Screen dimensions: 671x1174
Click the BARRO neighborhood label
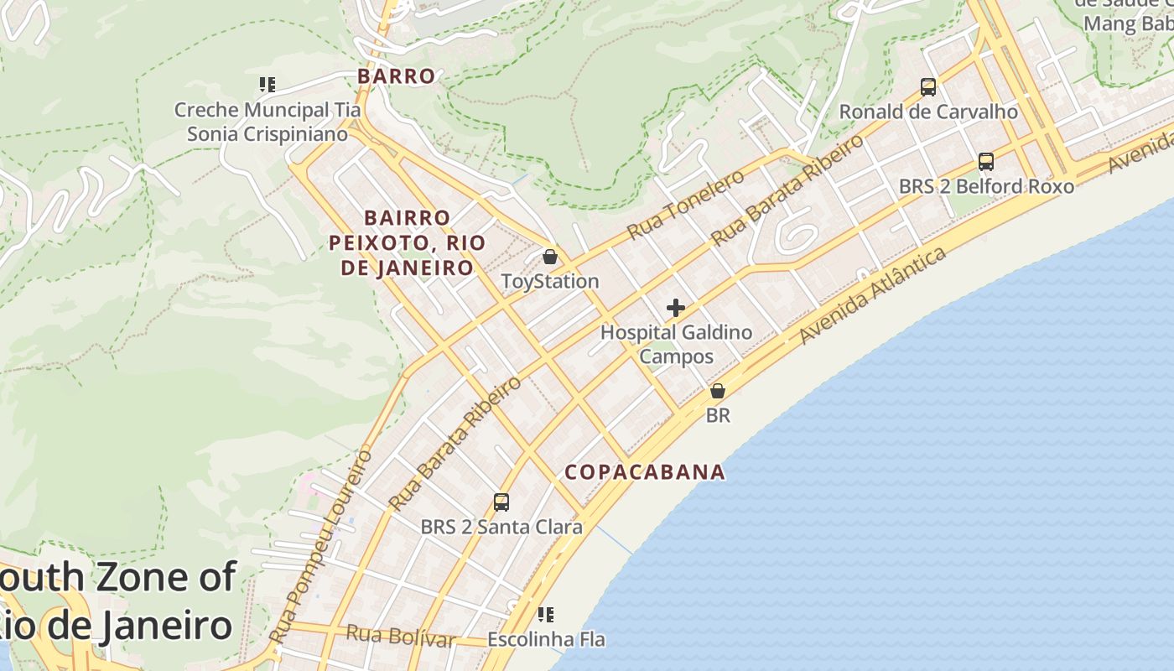pos(397,76)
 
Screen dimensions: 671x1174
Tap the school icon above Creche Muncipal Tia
pos(268,85)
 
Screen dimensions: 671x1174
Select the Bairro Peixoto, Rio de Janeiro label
pos(408,243)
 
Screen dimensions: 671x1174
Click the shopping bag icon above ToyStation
pos(550,257)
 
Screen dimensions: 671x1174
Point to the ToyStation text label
pos(550,282)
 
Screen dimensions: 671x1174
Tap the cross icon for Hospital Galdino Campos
pos(676,308)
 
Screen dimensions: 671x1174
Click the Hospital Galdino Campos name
pos(676,344)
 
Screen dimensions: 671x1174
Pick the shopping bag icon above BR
pos(718,391)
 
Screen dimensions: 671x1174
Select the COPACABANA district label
pos(645,471)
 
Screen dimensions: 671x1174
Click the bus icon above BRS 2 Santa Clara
pos(501,502)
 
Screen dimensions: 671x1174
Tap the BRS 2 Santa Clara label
pos(501,528)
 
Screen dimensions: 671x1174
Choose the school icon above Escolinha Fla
pos(546,615)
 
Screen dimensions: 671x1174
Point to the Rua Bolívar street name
pos(400,636)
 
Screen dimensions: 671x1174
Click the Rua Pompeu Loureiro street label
pos(323,547)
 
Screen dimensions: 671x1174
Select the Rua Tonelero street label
pos(685,204)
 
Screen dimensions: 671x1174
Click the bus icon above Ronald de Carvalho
pos(928,86)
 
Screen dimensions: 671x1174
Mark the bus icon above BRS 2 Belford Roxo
pos(986,161)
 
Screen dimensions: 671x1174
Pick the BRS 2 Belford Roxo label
pos(986,186)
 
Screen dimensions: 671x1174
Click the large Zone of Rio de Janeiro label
pos(117,602)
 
